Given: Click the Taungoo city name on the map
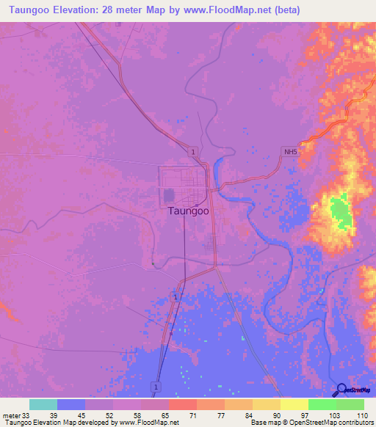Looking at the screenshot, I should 189,211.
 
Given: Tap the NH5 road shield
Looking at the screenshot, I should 292,152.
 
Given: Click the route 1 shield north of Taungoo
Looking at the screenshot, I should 192,151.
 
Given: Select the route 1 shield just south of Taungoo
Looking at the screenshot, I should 175,295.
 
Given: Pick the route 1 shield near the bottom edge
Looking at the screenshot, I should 156,386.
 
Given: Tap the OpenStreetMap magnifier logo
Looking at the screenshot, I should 340,390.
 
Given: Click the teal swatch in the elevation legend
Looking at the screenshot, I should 43,404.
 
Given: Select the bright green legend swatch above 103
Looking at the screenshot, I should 322,404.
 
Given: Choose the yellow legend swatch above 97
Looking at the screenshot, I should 294,404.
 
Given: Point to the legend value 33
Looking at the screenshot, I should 27,415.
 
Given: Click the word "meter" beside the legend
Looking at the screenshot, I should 10,415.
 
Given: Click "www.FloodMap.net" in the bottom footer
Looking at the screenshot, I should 148,423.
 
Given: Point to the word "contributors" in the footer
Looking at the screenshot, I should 355,423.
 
